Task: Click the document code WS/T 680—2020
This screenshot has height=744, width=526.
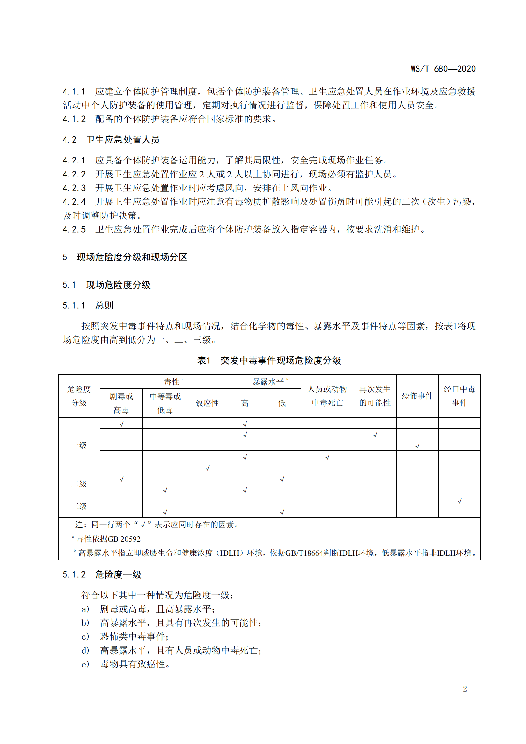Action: (x=443, y=69)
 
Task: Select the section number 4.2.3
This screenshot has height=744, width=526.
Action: (x=74, y=188)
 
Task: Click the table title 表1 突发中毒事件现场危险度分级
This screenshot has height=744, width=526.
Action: (x=269, y=360)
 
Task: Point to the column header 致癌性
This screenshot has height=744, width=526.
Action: (x=207, y=403)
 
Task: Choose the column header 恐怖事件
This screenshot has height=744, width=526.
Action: (x=417, y=396)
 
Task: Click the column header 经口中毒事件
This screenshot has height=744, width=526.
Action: (x=459, y=396)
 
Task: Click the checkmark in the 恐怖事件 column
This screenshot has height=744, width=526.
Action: (x=417, y=446)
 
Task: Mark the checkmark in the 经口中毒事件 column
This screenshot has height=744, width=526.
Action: (x=459, y=501)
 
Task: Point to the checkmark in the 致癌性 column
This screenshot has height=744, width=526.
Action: (x=207, y=468)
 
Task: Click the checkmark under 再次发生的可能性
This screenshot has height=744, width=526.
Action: (x=375, y=435)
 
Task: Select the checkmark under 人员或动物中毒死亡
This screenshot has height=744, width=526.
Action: (x=327, y=456)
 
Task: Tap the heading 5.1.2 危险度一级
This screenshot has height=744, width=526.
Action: (x=102, y=574)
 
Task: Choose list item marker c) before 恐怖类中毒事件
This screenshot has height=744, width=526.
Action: (x=85, y=637)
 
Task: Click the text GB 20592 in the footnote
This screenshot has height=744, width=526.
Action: (x=124, y=539)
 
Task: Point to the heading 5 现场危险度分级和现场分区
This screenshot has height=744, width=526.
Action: (x=125, y=257)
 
